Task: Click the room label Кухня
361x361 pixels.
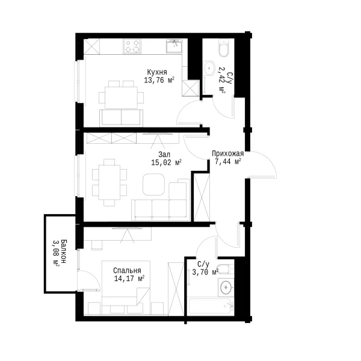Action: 157,72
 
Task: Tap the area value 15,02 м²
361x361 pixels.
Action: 166,162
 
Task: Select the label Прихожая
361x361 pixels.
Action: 227,153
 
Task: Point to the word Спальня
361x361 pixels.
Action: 127,270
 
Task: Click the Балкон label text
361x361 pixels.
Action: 64,251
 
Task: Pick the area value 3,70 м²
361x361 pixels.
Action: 205,273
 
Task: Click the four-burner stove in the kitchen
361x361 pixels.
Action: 132,46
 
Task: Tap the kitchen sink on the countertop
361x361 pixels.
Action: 174,46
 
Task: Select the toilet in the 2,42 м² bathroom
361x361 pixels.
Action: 224,48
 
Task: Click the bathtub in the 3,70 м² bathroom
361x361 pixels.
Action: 210,306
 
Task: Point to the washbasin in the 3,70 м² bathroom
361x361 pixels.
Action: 226,287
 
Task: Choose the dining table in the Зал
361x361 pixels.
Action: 110,182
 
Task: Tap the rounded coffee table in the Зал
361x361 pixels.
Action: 153,185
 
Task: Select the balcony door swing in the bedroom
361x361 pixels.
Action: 93,276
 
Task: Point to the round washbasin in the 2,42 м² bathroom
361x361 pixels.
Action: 209,68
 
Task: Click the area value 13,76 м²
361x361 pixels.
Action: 159,81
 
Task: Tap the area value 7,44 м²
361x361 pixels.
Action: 227,162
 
